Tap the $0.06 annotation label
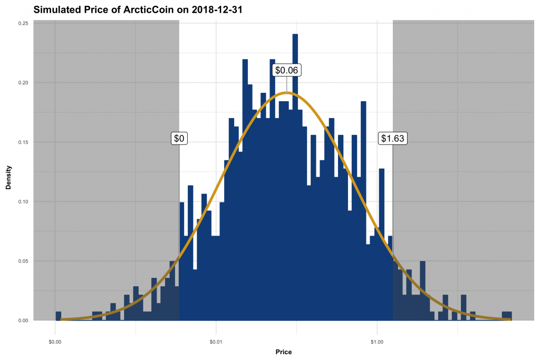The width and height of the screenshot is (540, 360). coord(287,70)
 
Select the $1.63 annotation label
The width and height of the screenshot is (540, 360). coord(393,138)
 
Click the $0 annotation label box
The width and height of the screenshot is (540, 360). coord(179,138)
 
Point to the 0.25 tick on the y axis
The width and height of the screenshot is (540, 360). coord(24,23)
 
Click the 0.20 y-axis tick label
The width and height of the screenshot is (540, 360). coord(24,83)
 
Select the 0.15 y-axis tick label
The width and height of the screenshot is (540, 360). coord(24,142)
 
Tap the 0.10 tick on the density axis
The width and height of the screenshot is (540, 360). coord(24,201)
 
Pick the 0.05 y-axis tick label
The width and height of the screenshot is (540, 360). coord(24,261)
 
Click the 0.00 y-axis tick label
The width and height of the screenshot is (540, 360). coord(24,320)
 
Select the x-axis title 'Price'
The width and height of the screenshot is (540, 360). coord(283,352)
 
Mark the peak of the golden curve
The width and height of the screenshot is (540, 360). coord(285,93)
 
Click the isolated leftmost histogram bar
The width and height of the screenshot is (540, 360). coord(58,316)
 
